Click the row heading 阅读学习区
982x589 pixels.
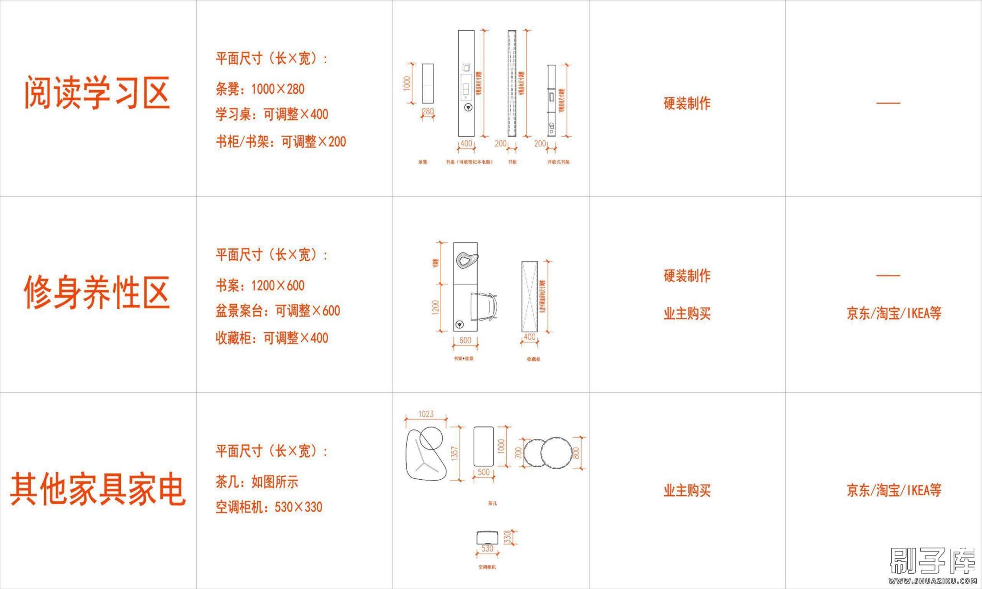(97, 92)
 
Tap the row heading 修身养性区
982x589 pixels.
(97, 292)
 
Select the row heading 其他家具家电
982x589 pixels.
(98, 489)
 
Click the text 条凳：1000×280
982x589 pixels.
(260, 89)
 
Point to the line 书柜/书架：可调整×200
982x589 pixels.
(281, 141)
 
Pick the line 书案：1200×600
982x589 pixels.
(260, 286)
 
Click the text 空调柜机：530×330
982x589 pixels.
(269, 507)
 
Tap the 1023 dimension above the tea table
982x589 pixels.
(426, 414)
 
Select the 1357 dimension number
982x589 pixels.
(455, 453)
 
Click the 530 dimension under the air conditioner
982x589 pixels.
(487, 549)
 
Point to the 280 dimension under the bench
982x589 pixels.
(427, 112)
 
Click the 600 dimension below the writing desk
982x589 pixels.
(465, 340)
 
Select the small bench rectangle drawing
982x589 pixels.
(427, 83)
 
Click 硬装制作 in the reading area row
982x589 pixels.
(687, 103)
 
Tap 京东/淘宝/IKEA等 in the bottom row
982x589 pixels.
(894, 490)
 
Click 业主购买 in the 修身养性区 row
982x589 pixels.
(687, 313)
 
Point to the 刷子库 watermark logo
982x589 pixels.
(933, 561)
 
